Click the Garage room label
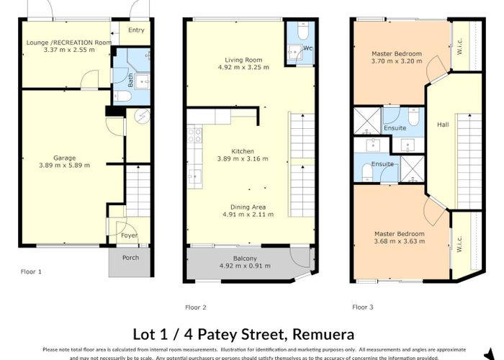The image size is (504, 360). (65, 157)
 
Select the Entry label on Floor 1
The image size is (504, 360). (136, 30)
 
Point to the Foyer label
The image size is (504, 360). (129, 235)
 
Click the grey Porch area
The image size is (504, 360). (130, 263)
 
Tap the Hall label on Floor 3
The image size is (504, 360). (442, 125)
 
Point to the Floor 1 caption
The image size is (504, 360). (31, 271)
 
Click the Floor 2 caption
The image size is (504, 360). (196, 307)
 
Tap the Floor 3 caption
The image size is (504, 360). (363, 307)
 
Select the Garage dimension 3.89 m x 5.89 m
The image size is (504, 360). (65, 166)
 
